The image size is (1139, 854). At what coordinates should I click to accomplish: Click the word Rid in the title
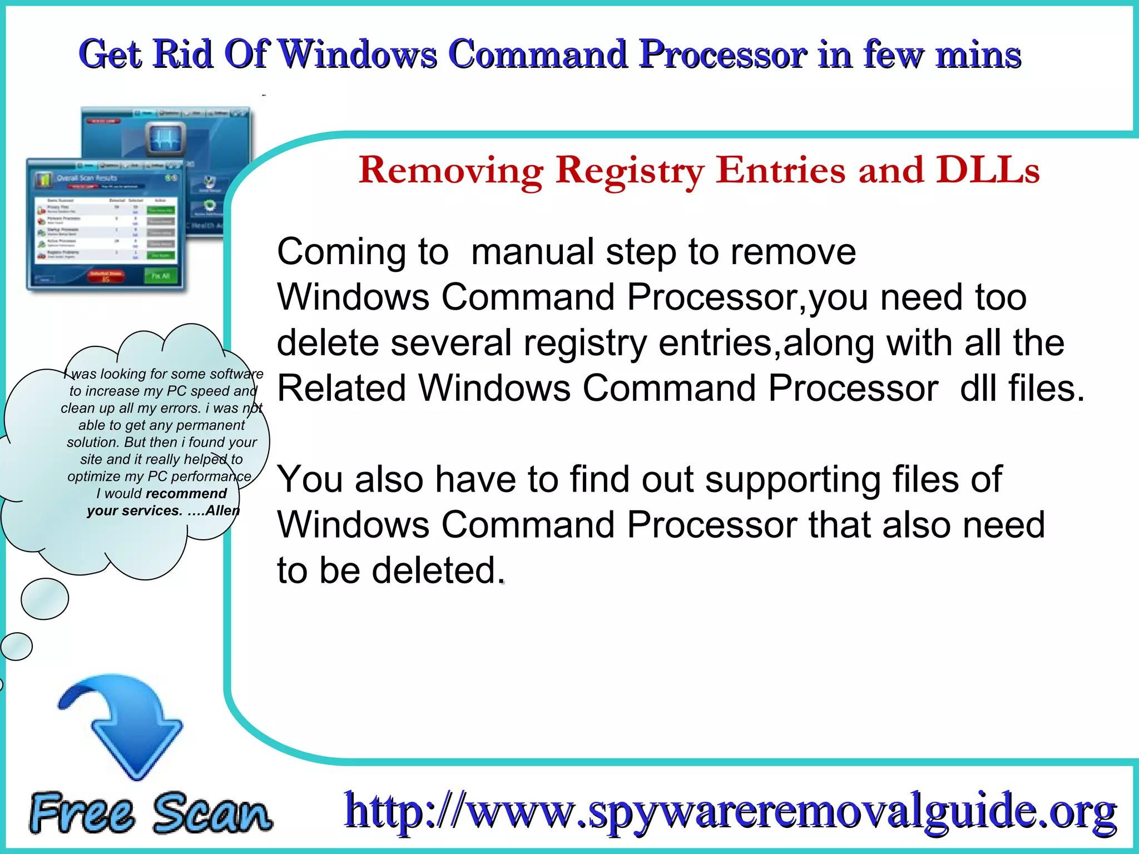click(x=183, y=54)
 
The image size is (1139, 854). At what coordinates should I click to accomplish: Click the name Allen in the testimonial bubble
click(x=222, y=511)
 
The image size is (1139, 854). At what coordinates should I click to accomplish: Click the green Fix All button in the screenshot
click(x=160, y=276)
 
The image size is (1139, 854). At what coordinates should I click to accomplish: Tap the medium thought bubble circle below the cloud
click(x=44, y=599)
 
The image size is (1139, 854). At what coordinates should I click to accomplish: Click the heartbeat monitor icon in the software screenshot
click(x=166, y=139)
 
